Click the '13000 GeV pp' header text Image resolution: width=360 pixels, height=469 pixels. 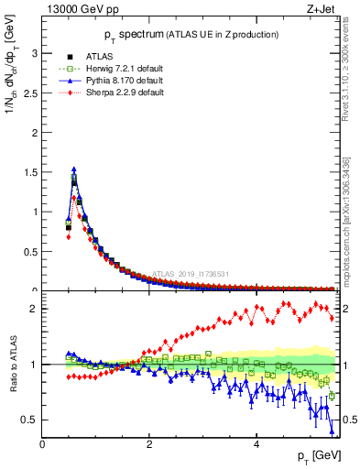pyautogui.click(x=80, y=10)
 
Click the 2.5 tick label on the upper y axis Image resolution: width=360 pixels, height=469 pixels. pyautogui.click(x=30, y=93)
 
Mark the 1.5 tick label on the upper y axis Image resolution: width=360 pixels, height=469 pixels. pyautogui.click(x=30, y=172)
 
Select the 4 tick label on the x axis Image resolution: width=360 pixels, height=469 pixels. pyautogui.click(x=256, y=444)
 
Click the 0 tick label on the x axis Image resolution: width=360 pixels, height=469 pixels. pyautogui.click(x=43, y=444)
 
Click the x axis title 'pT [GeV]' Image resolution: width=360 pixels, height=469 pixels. pyautogui.click(x=320, y=456)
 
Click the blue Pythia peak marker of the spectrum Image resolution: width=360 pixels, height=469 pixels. pyautogui.click(x=74, y=169)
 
